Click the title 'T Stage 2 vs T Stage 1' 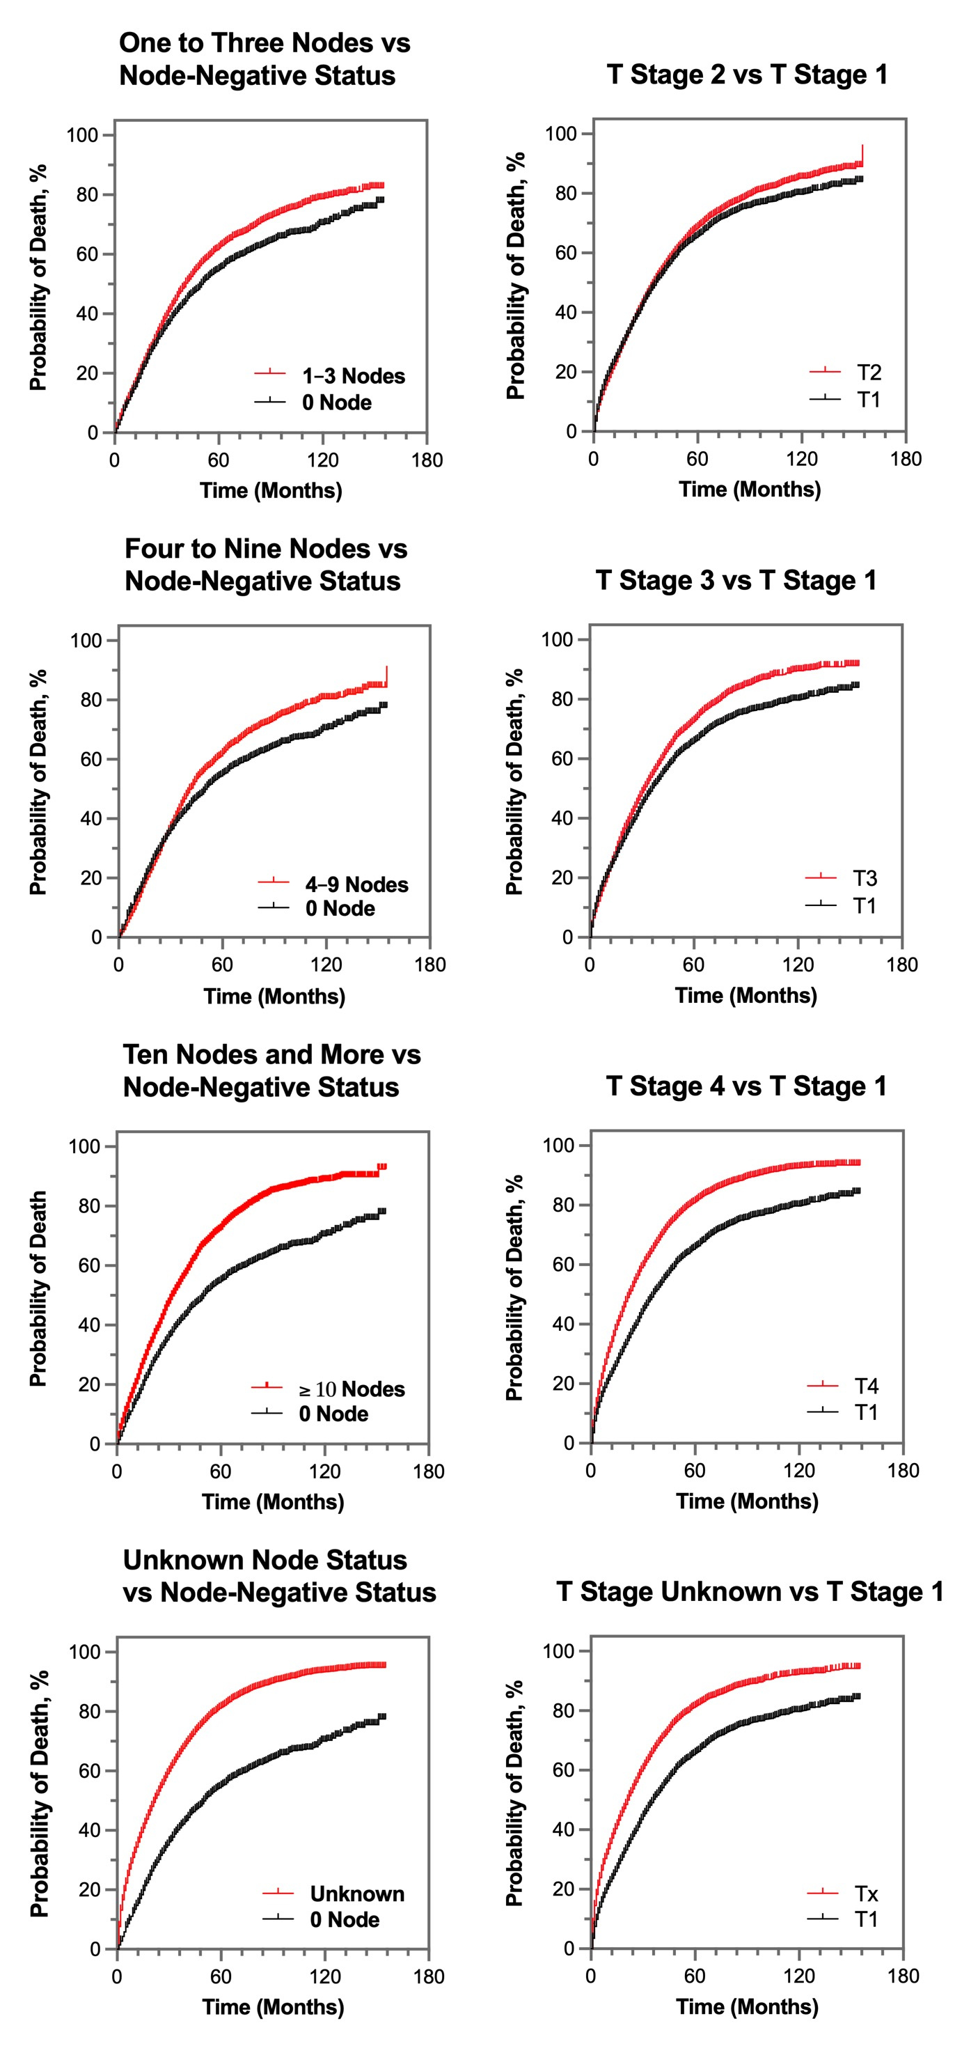(747, 75)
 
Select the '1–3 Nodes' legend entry (353, 375)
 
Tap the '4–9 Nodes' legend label (356, 884)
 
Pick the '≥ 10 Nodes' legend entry (352, 1389)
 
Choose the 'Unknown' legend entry (357, 1893)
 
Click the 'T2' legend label (869, 373)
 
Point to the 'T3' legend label (865, 877)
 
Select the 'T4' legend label (866, 1386)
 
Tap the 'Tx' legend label (866, 1893)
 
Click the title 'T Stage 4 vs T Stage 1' (746, 1086)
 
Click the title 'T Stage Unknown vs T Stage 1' (750, 1592)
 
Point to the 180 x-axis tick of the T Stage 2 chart (906, 458)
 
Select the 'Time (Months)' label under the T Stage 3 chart (746, 995)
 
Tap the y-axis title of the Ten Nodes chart (38, 1288)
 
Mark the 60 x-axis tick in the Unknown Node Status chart (221, 1977)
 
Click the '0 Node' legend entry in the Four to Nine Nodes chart (340, 908)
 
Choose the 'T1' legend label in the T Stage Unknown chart (866, 1919)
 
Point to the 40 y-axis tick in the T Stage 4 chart (564, 1324)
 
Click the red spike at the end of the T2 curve (862, 153)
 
